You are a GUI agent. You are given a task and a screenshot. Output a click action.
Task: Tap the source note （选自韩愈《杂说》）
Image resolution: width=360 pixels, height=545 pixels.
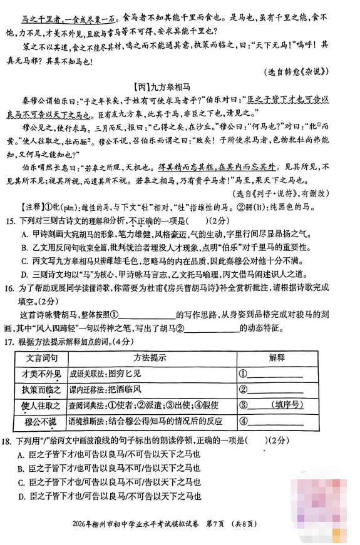click(303, 71)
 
